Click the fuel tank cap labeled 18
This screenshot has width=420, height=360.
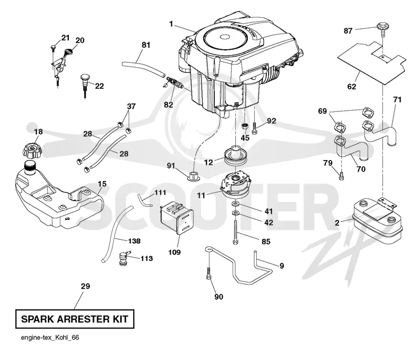coord(32,150)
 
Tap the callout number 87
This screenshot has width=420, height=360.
coord(348,31)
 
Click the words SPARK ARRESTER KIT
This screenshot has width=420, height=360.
coord(75,319)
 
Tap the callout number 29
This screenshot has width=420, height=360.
coord(85,286)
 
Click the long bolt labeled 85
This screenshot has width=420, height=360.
coord(235,232)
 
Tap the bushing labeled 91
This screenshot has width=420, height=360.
coord(193,176)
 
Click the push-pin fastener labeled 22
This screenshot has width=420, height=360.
coord(85,86)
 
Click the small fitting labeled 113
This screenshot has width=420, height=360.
coord(124,259)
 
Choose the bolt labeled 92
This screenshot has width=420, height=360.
coord(254,128)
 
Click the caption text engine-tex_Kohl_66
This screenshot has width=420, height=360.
coord(50,337)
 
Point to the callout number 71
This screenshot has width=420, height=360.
coord(397,100)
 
